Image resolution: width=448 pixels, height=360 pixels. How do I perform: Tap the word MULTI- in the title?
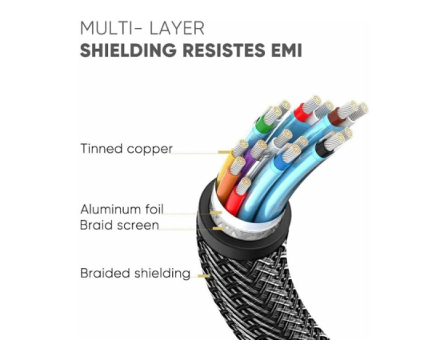[111, 28]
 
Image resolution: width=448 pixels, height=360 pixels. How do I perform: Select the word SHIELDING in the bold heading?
[128, 50]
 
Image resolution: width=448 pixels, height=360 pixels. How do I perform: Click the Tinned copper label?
[126, 149]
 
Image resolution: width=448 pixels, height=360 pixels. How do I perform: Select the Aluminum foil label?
[122, 209]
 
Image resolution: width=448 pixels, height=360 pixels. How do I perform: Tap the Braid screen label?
[119, 225]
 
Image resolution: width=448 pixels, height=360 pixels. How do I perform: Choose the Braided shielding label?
[135, 273]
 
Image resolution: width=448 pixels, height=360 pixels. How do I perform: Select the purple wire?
[249, 161]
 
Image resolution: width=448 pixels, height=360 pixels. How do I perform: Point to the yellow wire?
[225, 166]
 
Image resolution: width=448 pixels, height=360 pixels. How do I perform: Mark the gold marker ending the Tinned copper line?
[225, 152]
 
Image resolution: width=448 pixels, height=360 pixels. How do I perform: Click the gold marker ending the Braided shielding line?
[204, 276]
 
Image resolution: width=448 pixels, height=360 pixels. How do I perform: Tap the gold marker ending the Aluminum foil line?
[216, 213]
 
